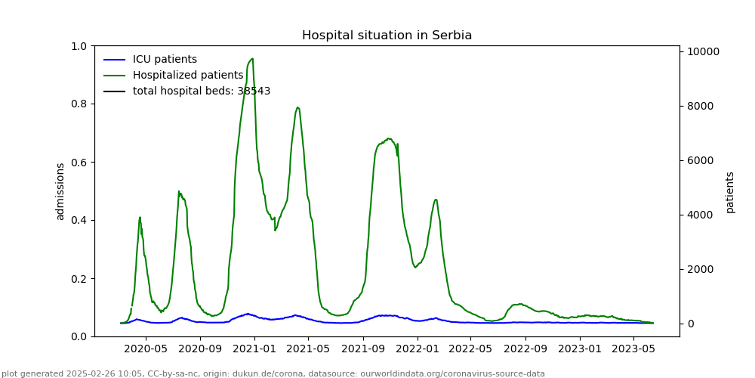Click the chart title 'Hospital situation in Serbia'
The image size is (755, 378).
point(387,36)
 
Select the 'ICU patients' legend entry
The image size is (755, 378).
point(165,60)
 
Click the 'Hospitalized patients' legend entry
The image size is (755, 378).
point(188,76)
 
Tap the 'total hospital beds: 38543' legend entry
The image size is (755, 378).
point(202,91)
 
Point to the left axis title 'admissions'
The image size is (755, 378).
point(60,191)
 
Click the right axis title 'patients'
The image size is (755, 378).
point(730,192)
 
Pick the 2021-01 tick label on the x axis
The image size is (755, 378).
point(254,349)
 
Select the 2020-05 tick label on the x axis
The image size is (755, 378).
point(146,349)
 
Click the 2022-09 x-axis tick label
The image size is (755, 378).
point(525,349)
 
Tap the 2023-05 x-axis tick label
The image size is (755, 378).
point(633,349)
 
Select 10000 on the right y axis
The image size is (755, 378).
point(703,51)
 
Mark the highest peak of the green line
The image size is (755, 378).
point(252,58)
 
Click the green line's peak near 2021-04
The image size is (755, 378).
point(297,107)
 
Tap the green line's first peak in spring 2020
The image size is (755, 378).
point(140,217)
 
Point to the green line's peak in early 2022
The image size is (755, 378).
point(436,200)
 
